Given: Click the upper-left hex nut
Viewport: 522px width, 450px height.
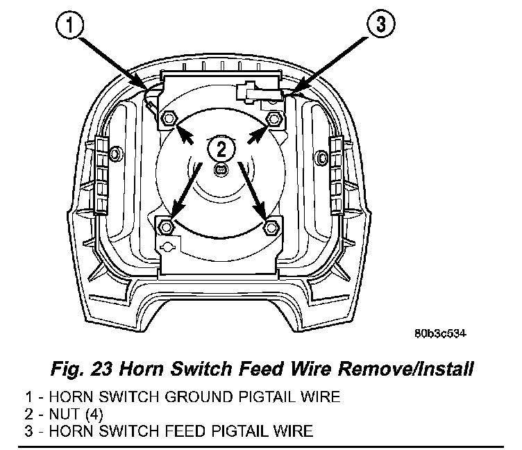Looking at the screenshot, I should coord(167,119).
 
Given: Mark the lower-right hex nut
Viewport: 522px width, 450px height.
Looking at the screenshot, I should coord(271,226).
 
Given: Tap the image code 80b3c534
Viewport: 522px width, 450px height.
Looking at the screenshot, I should coord(439,333).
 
